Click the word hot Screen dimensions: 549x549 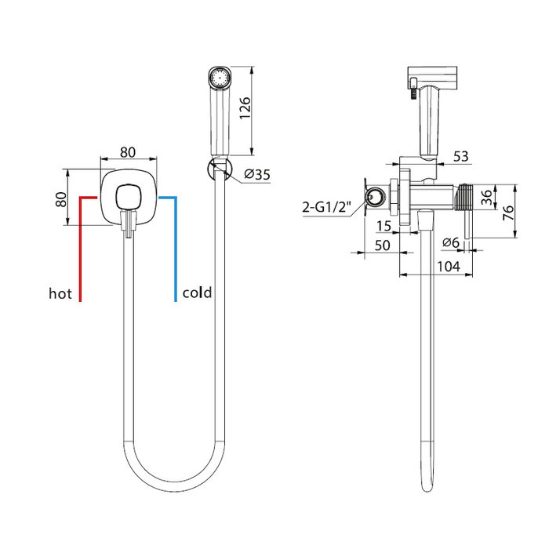(60, 293)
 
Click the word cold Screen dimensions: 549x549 (197, 293)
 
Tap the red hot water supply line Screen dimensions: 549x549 (81, 245)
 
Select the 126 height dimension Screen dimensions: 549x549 (245, 108)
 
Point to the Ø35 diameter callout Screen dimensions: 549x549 (257, 174)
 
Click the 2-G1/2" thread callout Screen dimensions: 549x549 (326, 207)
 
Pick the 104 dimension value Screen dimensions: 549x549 (449, 267)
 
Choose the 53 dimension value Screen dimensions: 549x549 (461, 156)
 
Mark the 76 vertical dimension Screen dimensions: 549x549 (508, 213)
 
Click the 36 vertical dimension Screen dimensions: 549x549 (487, 197)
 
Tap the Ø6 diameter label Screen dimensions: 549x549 (451, 242)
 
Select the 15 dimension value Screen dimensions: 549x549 (384, 226)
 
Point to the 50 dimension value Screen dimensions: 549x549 (382, 245)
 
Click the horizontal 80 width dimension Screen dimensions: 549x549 (128, 152)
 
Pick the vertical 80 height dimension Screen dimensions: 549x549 (61, 199)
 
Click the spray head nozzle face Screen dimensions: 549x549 (220, 78)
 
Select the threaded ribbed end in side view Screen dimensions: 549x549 (464, 197)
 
